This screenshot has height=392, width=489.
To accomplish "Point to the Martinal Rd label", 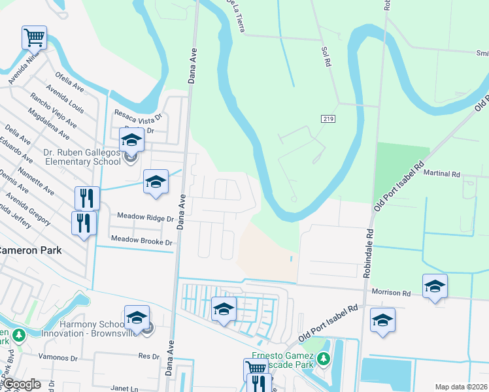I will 442,174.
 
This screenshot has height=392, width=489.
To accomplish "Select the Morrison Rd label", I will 392,293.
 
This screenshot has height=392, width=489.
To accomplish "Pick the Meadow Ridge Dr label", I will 145,216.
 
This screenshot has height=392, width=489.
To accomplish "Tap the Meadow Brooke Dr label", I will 141,242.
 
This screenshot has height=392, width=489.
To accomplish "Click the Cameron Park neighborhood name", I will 31,250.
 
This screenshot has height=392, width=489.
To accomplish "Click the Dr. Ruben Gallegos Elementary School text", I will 82,157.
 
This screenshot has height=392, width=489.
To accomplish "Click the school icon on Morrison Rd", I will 435,286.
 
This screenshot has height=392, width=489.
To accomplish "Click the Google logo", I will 21,385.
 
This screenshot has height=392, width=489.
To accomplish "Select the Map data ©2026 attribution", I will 461,387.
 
